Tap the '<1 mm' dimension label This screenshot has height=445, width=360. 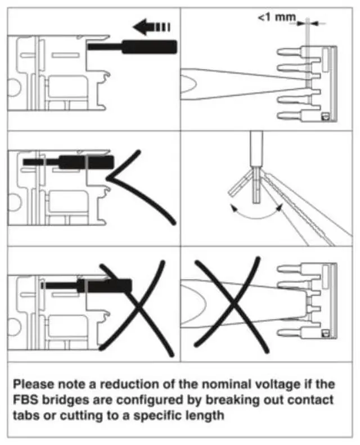click(277, 18)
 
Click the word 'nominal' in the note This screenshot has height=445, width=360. click(197, 385)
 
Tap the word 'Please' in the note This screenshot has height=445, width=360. click(32, 385)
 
